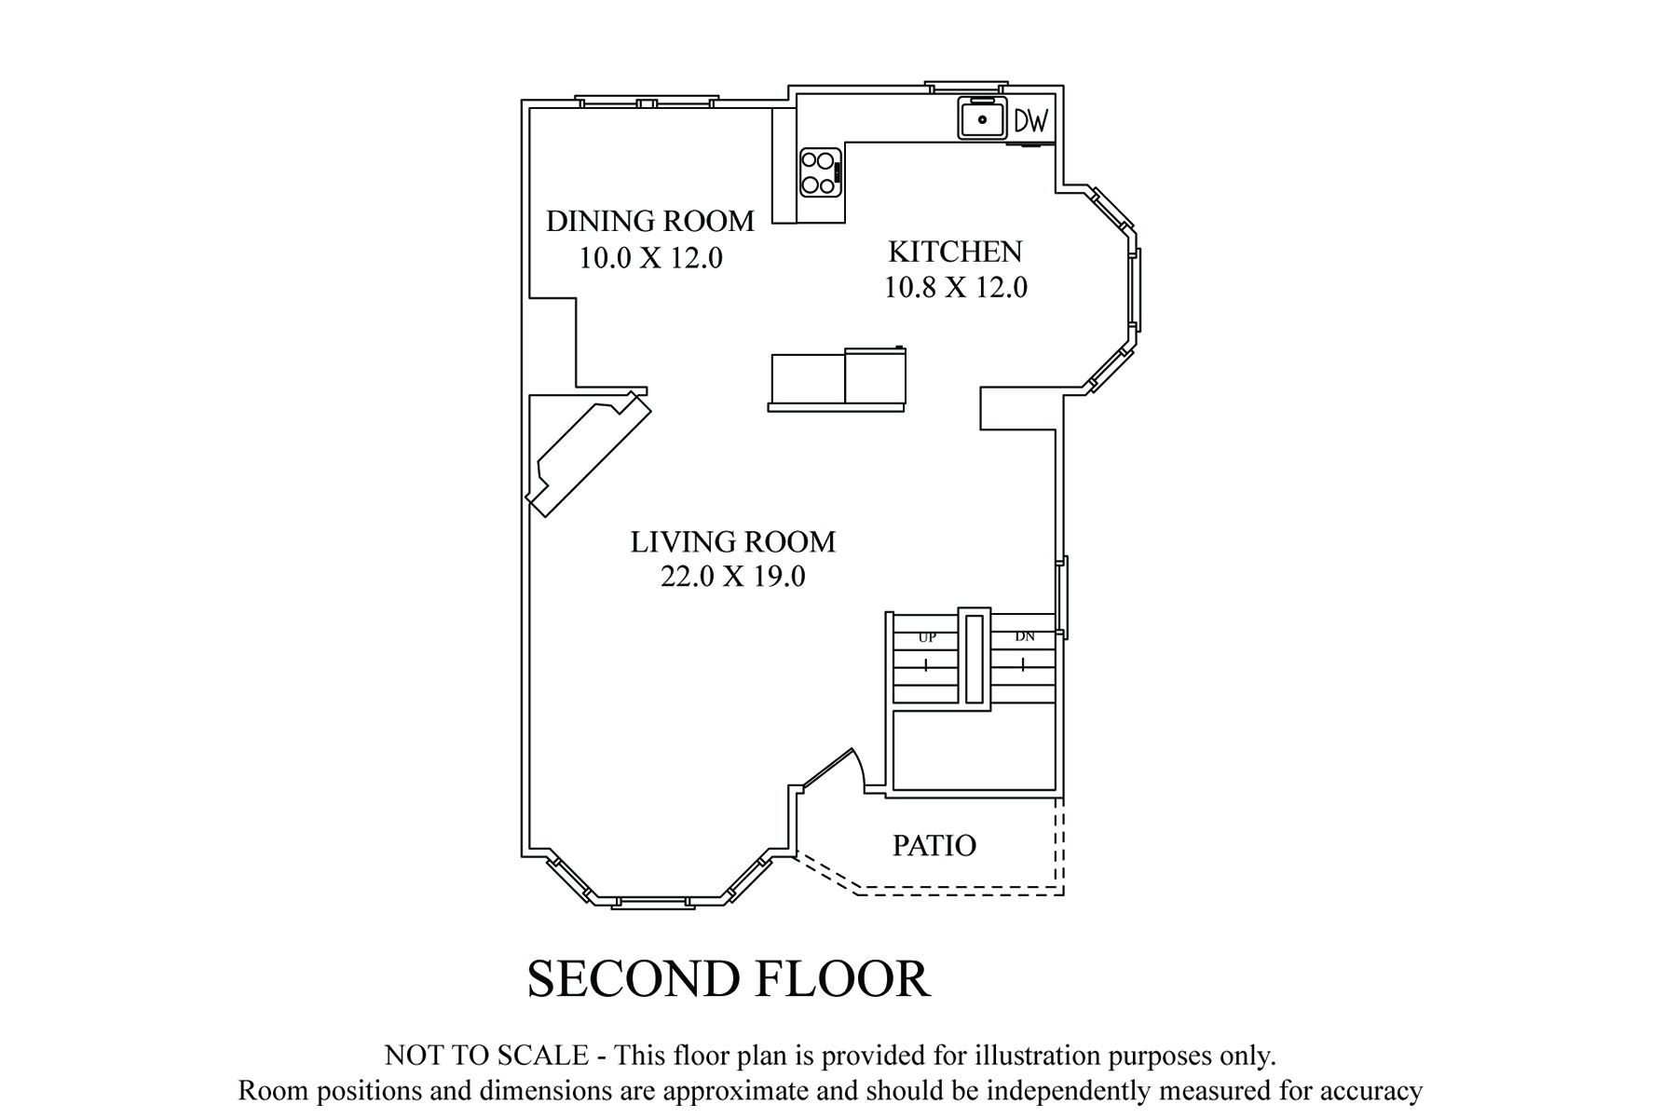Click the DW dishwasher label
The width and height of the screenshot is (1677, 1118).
pyautogui.click(x=1031, y=120)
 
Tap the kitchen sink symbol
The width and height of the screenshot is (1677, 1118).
pyautogui.click(x=982, y=118)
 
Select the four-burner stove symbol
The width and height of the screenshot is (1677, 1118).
pyautogui.click(x=821, y=172)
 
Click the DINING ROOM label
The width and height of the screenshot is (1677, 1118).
pyautogui.click(x=649, y=221)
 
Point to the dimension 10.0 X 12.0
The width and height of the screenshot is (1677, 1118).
pyautogui.click(x=650, y=258)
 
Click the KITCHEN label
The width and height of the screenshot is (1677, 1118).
pyautogui.click(x=955, y=252)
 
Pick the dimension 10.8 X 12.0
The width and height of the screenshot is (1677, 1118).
pyautogui.click(x=955, y=288)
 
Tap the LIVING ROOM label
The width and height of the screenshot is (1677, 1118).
pyautogui.click(x=733, y=542)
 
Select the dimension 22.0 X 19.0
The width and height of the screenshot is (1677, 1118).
pyautogui.click(x=733, y=578)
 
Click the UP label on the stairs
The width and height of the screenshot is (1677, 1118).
pyautogui.click(x=927, y=637)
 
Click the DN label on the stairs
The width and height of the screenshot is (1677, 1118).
pyautogui.click(x=1025, y=637)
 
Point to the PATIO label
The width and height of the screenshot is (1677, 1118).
pyautogui.click(x=934, y=846)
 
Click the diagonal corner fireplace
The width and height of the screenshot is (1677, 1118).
pyautogui.click(x=589, y=454)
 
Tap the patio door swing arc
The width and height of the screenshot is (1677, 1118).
pyautogui.click(x=860, y=766)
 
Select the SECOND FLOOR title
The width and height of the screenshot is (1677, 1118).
pyautogui.click(x=729, y=979)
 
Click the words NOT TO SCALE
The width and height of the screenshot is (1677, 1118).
pyautogui.click(x=486, y=1056)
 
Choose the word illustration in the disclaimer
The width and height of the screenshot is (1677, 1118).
pyautogui.click(x=1036, y=1056)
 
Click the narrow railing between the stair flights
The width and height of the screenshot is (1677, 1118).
pyautogui.click(x=975, y=659)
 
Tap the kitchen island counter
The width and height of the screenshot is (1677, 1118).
pyautogui.click(x=837, y=380)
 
